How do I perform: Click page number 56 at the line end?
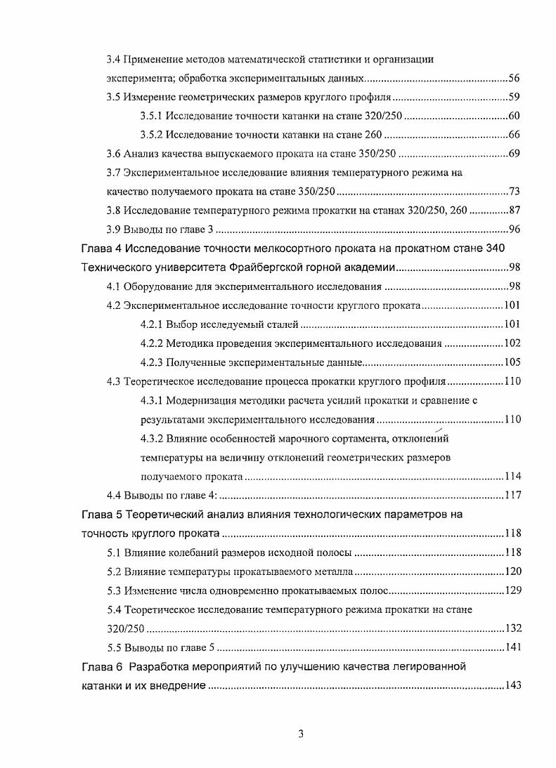point(514,78)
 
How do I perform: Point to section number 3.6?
point(114,154)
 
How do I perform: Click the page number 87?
point(514,210)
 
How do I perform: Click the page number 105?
point(512,362)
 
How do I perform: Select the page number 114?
point(512,476)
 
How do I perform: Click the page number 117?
point(512,495)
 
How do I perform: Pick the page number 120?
point(512,571)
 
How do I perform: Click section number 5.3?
point(114,590)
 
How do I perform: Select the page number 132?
point(512,628)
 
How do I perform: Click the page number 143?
point(512,685)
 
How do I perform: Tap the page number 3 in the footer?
point(301,734)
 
